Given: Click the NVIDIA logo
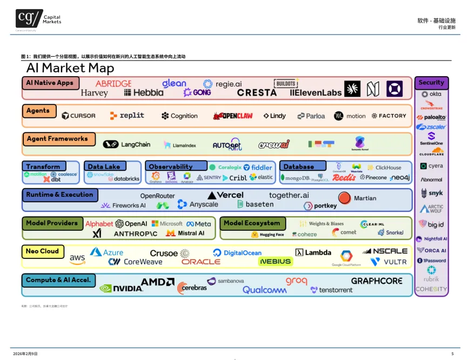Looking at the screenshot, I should coord(121,289).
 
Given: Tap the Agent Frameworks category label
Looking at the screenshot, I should coord(58,139).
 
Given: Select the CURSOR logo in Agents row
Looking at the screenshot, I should coord(78,116).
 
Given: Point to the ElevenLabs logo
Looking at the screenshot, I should coord(316,92).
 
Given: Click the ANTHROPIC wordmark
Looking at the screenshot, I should coord(136,234).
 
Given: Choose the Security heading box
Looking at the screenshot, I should coord(431,83).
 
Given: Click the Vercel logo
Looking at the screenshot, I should coord(226,195).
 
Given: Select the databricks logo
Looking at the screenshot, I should coord(124,178).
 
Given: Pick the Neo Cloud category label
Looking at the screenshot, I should coord(43,251).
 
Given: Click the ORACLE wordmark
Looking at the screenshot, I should coord(201,262).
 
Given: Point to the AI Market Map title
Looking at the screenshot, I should coord(70,68).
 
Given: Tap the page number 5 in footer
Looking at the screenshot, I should coord(452,354).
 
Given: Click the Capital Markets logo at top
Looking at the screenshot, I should coord(38,19).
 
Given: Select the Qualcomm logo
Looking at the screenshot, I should coord(265,290).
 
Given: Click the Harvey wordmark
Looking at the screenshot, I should coord(95,94).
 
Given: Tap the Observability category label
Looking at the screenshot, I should coord(171,166).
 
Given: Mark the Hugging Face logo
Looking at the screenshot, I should coord(267,235).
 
